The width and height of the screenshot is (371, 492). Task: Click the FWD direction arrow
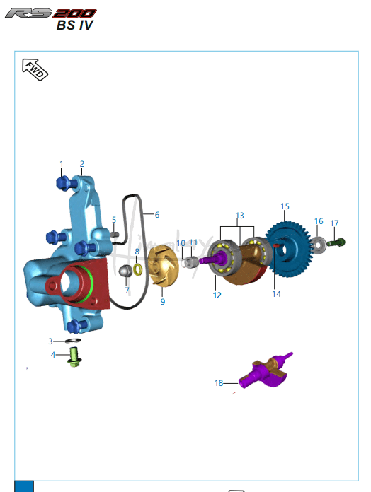click(x=35, y=69)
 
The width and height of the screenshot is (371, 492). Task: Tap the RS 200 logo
click(x=50, y=13)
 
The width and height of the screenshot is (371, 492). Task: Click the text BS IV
click(x=75, y=25)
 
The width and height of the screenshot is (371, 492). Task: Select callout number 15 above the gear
click(x=285, y=206)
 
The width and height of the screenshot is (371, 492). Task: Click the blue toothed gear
click(x=288, y=250)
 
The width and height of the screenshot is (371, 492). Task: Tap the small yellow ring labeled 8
click(x=138, y=269)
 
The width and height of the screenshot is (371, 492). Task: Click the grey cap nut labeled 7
click(x=125, y=271)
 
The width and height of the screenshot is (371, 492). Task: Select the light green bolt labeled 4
click(x=74, y=357)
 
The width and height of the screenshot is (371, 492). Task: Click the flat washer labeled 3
click(x=73, y=341)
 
